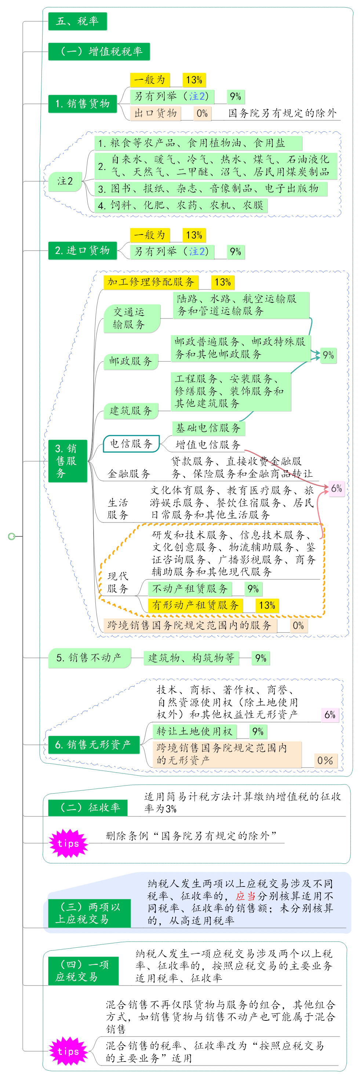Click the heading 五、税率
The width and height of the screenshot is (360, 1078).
point(77,21)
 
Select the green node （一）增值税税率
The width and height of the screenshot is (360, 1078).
point(99,51)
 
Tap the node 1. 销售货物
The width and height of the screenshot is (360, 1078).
point(83,103)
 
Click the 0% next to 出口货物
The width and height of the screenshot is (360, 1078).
point(202,113)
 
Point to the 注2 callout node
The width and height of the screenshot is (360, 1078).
point(65,181)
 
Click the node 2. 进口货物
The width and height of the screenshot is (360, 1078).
point(83,250)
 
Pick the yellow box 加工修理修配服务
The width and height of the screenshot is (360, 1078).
point(151,282)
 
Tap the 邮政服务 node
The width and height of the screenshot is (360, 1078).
point(131,361)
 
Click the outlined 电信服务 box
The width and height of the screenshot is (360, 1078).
point(131,444)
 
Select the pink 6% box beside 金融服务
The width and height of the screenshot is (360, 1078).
point(337,488)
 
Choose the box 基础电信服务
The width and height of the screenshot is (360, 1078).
point(208,428)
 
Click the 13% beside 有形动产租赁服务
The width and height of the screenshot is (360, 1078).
point(267,605)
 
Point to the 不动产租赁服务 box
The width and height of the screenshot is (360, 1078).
point(190,589)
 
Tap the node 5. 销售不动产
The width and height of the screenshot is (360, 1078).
point(89,658)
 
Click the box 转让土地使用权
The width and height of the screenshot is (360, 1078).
point(194,731)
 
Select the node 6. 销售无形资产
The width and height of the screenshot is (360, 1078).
point(93,744)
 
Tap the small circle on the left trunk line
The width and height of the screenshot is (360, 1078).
point(12,536)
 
